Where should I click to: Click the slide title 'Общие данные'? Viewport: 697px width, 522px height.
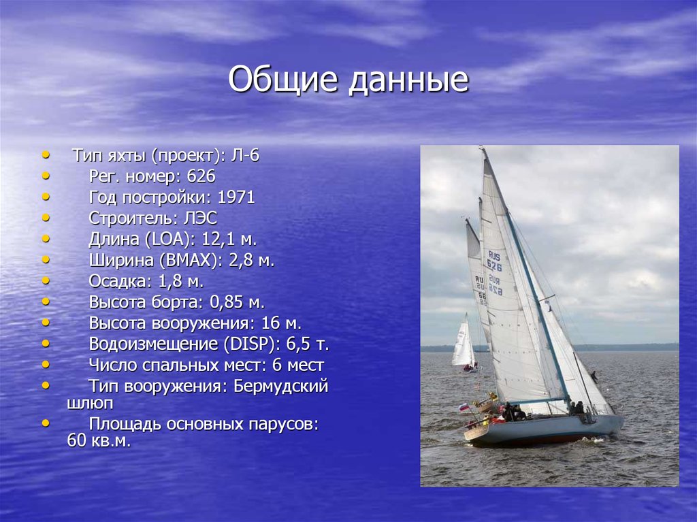(348, 80)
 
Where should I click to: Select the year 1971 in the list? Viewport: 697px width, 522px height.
(236, 198)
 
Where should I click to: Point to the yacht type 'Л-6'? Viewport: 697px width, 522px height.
(245, 156)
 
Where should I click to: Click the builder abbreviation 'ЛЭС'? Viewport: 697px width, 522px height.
(197, 218)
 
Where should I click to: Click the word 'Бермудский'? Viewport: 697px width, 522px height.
(280, 387)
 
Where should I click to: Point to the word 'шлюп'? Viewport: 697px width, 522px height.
(91, 403)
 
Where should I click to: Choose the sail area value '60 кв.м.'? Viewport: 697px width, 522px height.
(99, 440)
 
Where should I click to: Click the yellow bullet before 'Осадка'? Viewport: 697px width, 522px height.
(46, 280)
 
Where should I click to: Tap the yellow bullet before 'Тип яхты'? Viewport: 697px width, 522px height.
(46, 155)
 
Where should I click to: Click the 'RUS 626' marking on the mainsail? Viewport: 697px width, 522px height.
(494, 261)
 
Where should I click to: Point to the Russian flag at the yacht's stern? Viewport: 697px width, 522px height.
(464, 407)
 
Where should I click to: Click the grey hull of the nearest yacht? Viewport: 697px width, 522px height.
(545, 429)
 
